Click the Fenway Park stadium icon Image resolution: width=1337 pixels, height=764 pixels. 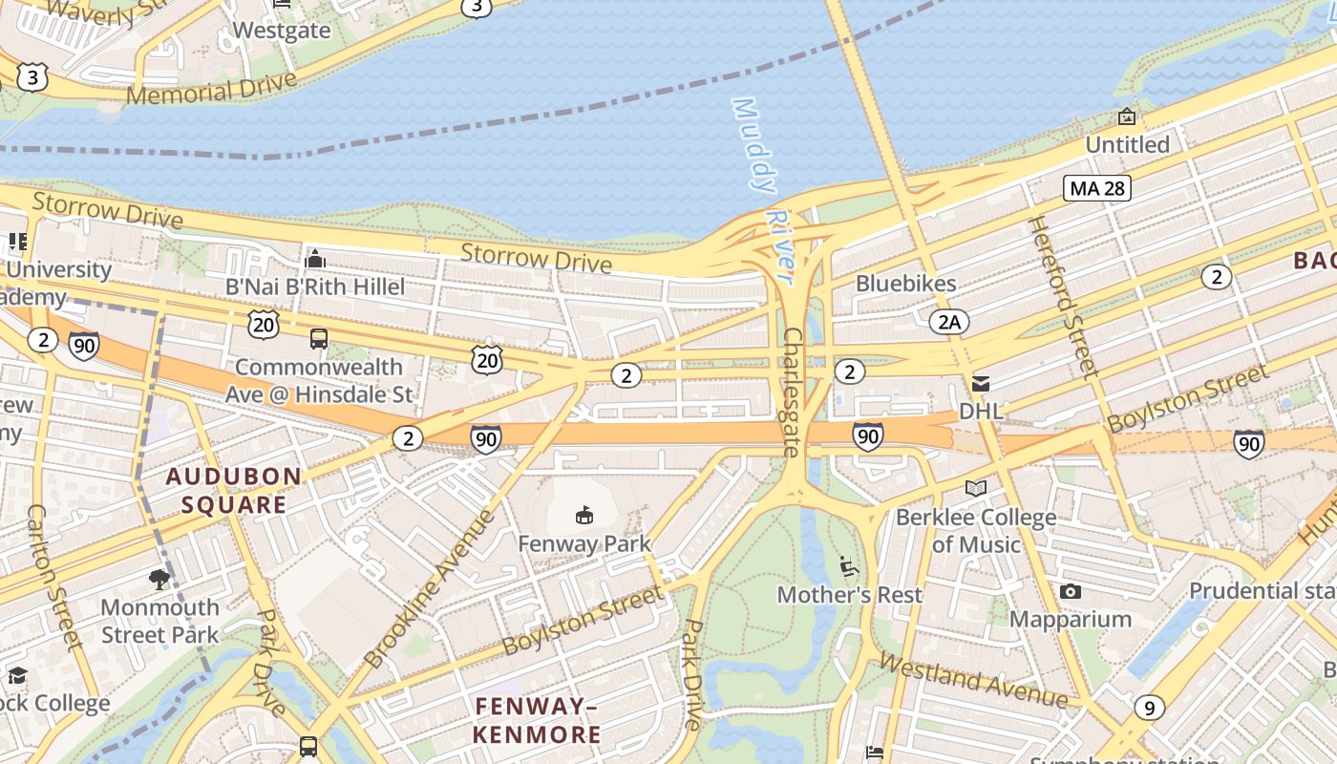pos(584,516)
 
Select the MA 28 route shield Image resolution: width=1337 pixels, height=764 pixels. pos(1097,188)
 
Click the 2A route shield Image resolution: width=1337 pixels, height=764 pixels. pos(948,322)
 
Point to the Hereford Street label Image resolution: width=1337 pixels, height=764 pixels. pos(1061,296)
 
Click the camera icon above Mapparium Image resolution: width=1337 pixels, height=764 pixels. pos(1071,592)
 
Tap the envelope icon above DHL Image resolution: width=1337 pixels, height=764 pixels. pos(980,384)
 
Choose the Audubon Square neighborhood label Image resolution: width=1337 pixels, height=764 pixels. pos(235,490)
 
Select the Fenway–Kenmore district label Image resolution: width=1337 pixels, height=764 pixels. pos(537,720)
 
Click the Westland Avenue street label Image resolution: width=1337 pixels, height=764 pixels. pos(973,680)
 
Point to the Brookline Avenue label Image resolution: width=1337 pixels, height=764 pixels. pos(431,588)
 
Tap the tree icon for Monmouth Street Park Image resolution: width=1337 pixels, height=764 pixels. pos(159,579)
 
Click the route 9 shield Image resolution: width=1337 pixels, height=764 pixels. pos(1149,708)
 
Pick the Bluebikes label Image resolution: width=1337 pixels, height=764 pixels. pos(905,284)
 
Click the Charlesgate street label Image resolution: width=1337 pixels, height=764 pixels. pos(792,392)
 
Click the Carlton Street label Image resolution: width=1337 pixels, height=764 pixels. pos(56,578)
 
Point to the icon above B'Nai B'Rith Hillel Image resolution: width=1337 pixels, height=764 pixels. pos(315,259)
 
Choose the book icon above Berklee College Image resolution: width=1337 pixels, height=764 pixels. pos(975,489)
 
